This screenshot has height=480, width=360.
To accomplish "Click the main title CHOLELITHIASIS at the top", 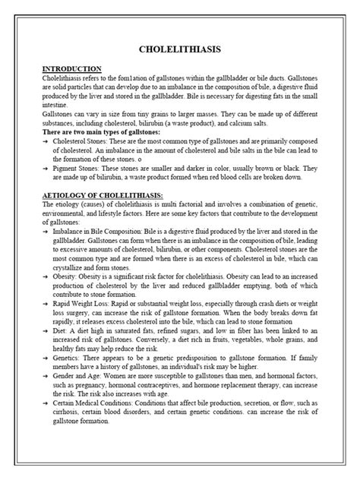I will (x=180, y=49).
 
